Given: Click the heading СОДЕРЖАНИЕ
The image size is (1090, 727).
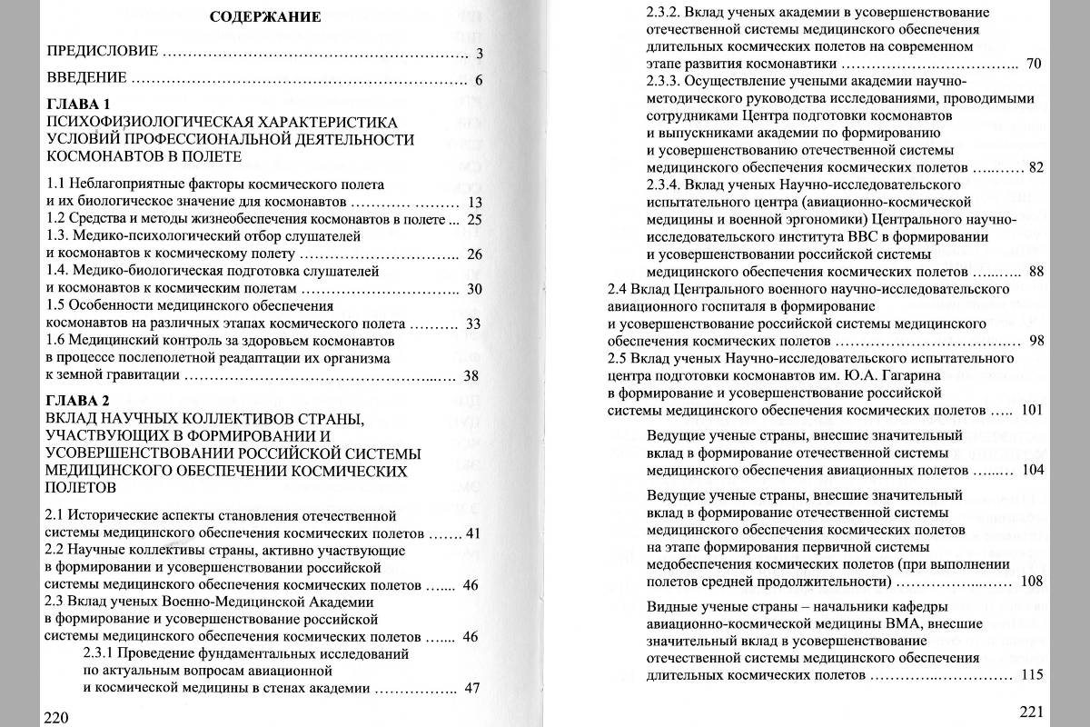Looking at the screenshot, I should click(265, 16).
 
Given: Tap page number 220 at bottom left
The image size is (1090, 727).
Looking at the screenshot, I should click(56, 717).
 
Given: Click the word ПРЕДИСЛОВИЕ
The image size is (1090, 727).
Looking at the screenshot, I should click(103, 51).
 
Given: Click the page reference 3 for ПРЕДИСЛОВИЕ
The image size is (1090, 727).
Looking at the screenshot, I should click(479, 53).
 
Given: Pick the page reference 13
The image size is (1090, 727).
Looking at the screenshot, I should click(473, 202).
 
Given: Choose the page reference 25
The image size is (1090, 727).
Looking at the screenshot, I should click(473, 219).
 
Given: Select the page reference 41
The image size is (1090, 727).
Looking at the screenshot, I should click(471, 533).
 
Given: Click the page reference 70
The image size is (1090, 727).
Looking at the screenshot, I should click(1034, 64).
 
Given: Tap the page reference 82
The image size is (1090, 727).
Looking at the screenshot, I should click(1036, 168).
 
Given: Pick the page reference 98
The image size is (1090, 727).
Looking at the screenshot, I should click(1036, 341).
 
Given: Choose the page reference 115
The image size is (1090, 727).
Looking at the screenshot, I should click(1033, 674).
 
